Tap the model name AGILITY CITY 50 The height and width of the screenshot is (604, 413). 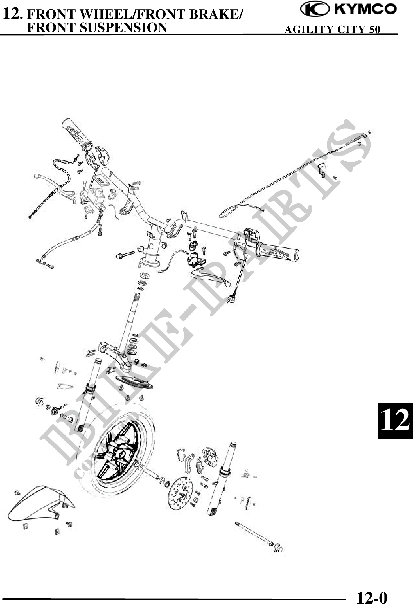click(x=333, y=29)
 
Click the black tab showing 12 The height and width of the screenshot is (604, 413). click(x=395, y=421)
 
